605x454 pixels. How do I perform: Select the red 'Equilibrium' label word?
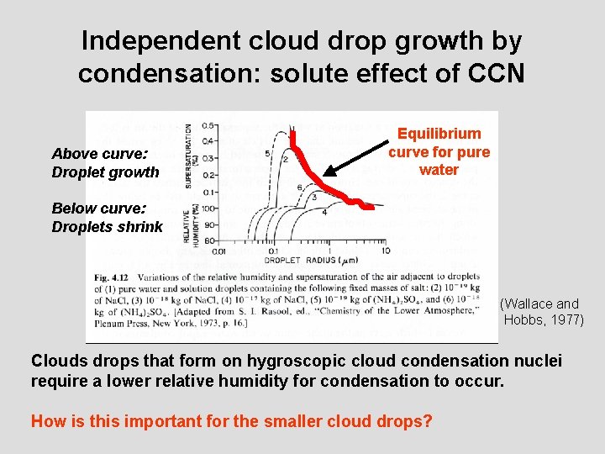click(x=439, y=134)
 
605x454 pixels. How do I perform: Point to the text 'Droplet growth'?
click(x=105, y=172)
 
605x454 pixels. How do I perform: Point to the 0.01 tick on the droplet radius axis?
click(x=220, y=251)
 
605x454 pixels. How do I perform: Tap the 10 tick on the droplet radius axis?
click(x=385, y=251)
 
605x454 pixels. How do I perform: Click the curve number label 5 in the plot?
click(x=267, y=154)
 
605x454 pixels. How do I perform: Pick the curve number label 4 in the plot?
click(x=324, y=212)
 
